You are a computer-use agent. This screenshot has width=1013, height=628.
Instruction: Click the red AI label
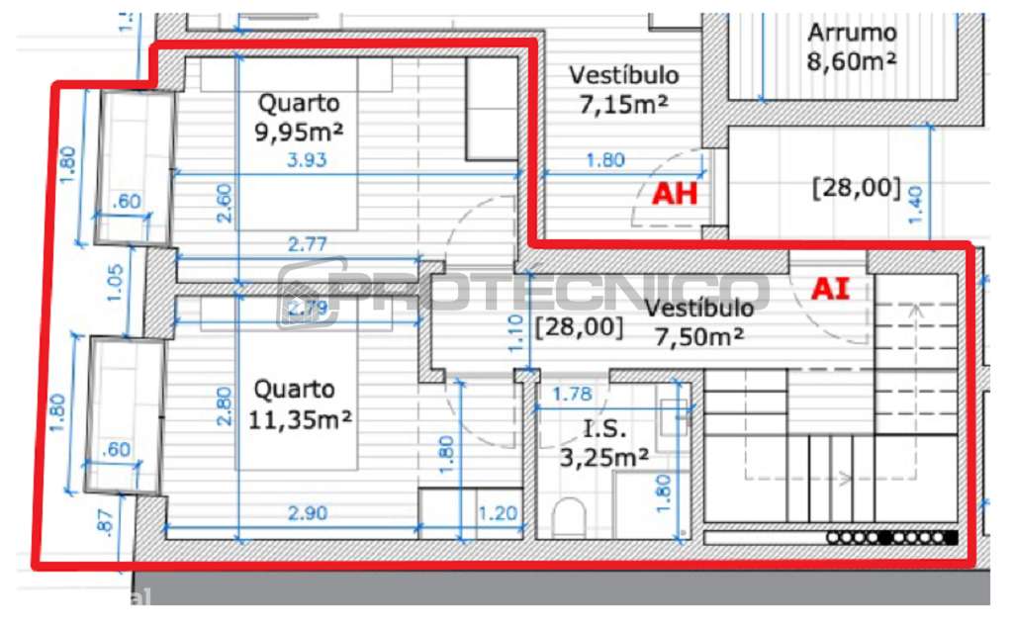pyautogui.click(x=829, y=288)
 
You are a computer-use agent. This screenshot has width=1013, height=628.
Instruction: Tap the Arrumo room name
pyautogui.click(x=852, y=33)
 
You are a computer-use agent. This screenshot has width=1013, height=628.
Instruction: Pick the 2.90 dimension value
pyautogui.click(x=306, y=513)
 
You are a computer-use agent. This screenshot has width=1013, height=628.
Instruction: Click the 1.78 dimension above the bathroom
pyautogui.click(x=572, y=395)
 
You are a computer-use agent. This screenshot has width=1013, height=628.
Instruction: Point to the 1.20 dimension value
pyautogui.click(x=497, y=513)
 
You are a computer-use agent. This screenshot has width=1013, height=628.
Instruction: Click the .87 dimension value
pyautogui.click(x=106, y=521)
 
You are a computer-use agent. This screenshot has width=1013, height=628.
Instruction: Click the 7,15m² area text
pyautogui.click(x=623, y=104)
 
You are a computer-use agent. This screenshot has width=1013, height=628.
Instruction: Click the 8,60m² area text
pyautogui.click(x=852, y=60)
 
